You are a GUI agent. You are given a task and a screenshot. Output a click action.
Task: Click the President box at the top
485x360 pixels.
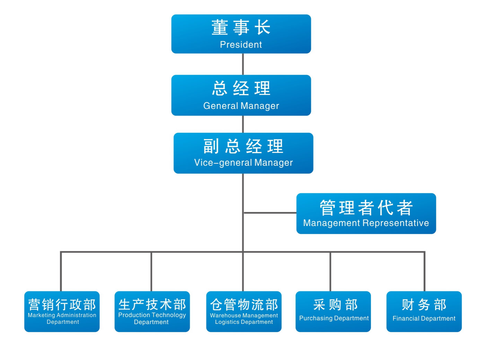click(241, 34)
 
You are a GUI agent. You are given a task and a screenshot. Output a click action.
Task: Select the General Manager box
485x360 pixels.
click(241, 95)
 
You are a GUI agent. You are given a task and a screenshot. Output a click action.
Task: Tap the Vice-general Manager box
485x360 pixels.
click(243, 153)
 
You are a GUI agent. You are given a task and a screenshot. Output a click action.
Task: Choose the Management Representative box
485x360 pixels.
click(366, 213)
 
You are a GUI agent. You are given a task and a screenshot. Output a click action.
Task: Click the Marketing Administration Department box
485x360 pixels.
click(62, 311)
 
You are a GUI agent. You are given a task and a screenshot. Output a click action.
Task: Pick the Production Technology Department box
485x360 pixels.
click(152, 311)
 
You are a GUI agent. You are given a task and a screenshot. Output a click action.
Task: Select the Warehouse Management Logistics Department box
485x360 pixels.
click(244, 311)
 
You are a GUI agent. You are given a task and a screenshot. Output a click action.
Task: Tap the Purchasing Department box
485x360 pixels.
click(333, 311)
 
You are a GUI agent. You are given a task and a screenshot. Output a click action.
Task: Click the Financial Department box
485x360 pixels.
click(424, 311)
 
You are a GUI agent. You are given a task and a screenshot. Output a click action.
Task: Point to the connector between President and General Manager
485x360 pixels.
click(243, 64)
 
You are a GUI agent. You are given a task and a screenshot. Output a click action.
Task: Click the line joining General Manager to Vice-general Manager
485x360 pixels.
click(243, 124)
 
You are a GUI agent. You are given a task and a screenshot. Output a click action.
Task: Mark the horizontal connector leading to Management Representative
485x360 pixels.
click(270, 213)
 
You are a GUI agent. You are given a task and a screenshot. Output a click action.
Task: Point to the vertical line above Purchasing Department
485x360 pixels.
click(330, 272)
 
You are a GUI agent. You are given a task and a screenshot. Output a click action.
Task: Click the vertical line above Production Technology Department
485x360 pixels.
click(151, 272)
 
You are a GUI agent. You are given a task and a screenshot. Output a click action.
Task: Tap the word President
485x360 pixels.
click(241, 45)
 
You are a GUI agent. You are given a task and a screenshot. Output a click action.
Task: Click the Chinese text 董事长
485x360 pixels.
click(241, 27)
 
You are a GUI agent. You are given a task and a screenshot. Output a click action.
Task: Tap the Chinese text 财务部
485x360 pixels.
click(424, 305)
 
